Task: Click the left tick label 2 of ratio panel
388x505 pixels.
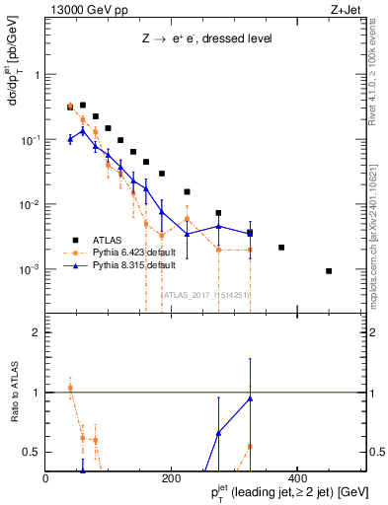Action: coord(37,332)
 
